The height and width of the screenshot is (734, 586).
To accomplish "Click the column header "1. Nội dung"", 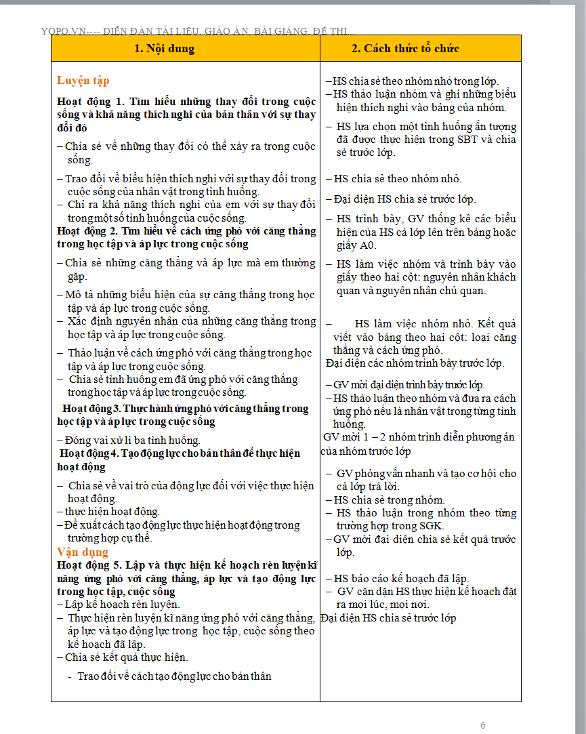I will coord(164,48).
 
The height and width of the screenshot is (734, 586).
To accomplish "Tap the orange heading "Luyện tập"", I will coord(83,80).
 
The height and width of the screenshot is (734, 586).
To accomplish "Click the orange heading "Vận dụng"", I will coord(82,552).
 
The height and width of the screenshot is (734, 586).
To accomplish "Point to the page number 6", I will coord(483,725).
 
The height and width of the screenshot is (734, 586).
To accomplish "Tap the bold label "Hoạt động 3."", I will coord(93,409).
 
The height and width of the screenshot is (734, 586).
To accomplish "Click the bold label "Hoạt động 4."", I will coord(92,453).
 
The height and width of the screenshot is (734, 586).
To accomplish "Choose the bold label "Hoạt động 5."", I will coord(91,565).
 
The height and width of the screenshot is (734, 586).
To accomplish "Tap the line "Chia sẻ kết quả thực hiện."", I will coord(127,657).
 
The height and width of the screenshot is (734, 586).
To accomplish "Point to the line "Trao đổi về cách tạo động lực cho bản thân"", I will coord(175,676).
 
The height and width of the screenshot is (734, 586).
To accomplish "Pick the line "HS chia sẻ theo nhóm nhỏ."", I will coord(397,179).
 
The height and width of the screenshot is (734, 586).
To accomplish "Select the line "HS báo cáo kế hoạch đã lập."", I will coord(401,578).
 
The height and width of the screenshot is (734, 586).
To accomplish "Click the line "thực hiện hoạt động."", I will coord(112,512).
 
